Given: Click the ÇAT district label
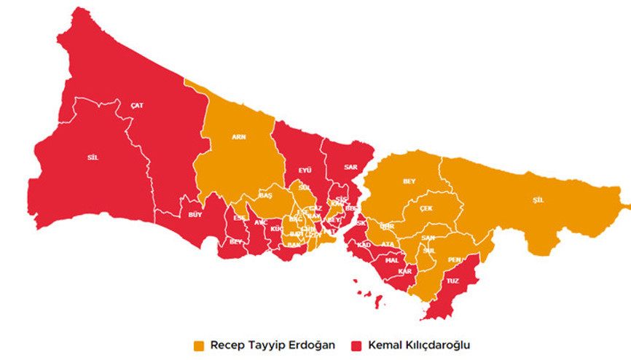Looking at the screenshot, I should (x=137, y=106).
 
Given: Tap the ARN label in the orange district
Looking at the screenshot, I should (x=238, y=137).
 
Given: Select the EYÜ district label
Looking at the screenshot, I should (x=305, y=170).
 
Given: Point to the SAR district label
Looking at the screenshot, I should (x=350, y=166).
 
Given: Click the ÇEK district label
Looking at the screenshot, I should (x=426, y=208).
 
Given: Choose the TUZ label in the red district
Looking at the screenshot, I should (x=452, y=281).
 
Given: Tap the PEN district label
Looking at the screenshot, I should (x=454, y=259).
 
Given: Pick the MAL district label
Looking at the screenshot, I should (x=391, y=259).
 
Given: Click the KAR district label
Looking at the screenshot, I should (x=405, y=272).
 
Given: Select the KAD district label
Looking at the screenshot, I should (x=364, y=245).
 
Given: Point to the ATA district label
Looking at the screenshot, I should (x=388, y=244).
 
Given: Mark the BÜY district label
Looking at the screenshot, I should (x=195, y=215).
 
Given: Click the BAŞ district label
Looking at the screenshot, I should (x=265, y=196).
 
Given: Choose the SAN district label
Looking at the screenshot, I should (x=428, y=238).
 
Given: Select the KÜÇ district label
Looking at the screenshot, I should (x=276, y=229).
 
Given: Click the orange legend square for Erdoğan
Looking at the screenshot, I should (x=199, y=344).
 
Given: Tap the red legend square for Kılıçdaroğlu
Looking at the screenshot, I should (x=357, y=344).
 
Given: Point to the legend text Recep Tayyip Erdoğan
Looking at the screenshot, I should (x=273, y=344).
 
